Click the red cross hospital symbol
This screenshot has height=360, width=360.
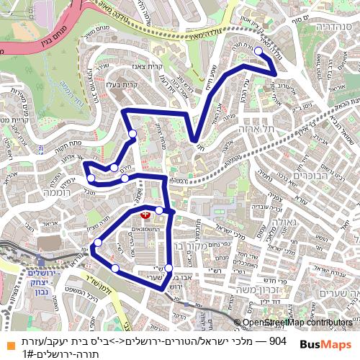coord(145,214)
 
